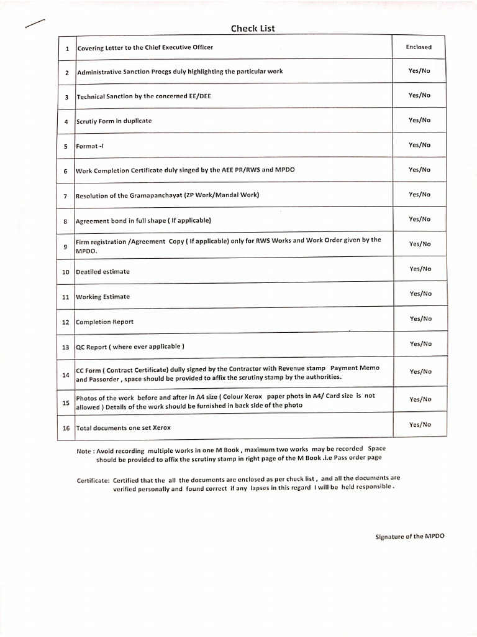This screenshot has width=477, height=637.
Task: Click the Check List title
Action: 253,28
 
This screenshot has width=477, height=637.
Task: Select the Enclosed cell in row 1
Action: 419,47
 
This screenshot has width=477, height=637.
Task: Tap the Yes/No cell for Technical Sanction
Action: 419,95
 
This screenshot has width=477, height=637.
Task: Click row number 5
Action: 66,146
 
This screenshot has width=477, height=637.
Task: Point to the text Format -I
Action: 87,146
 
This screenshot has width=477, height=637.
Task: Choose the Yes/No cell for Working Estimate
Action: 420,294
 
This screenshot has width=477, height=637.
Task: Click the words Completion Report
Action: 104,322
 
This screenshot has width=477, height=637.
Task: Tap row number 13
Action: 66,347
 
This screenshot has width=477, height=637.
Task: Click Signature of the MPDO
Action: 410,536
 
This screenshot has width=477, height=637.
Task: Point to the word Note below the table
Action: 84,450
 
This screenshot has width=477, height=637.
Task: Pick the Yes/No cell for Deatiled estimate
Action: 420,269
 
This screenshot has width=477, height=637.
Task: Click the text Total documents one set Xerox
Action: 123,428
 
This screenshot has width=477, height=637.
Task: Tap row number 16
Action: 66,428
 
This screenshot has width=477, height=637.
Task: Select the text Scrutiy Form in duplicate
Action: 114,121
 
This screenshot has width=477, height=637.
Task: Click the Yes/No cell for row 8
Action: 420,219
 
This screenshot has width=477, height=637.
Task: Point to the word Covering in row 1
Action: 91,47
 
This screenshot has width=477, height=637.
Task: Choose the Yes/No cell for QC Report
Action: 420,343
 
